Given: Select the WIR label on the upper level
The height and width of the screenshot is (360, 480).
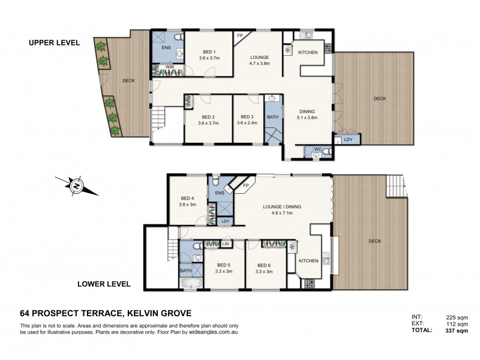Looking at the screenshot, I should click(161, 67).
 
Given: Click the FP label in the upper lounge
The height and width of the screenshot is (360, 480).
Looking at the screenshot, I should click(240, 36).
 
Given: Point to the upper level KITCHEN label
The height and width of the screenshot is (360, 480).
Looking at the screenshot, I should click(308, 53).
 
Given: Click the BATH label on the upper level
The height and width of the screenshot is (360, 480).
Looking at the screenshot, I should click(273, 116).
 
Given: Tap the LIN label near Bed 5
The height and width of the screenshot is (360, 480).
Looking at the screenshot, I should click(226, 243).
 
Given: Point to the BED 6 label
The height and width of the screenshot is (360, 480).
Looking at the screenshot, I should click(264, 265).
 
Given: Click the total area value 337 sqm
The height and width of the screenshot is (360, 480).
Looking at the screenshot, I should click(457, 329).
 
